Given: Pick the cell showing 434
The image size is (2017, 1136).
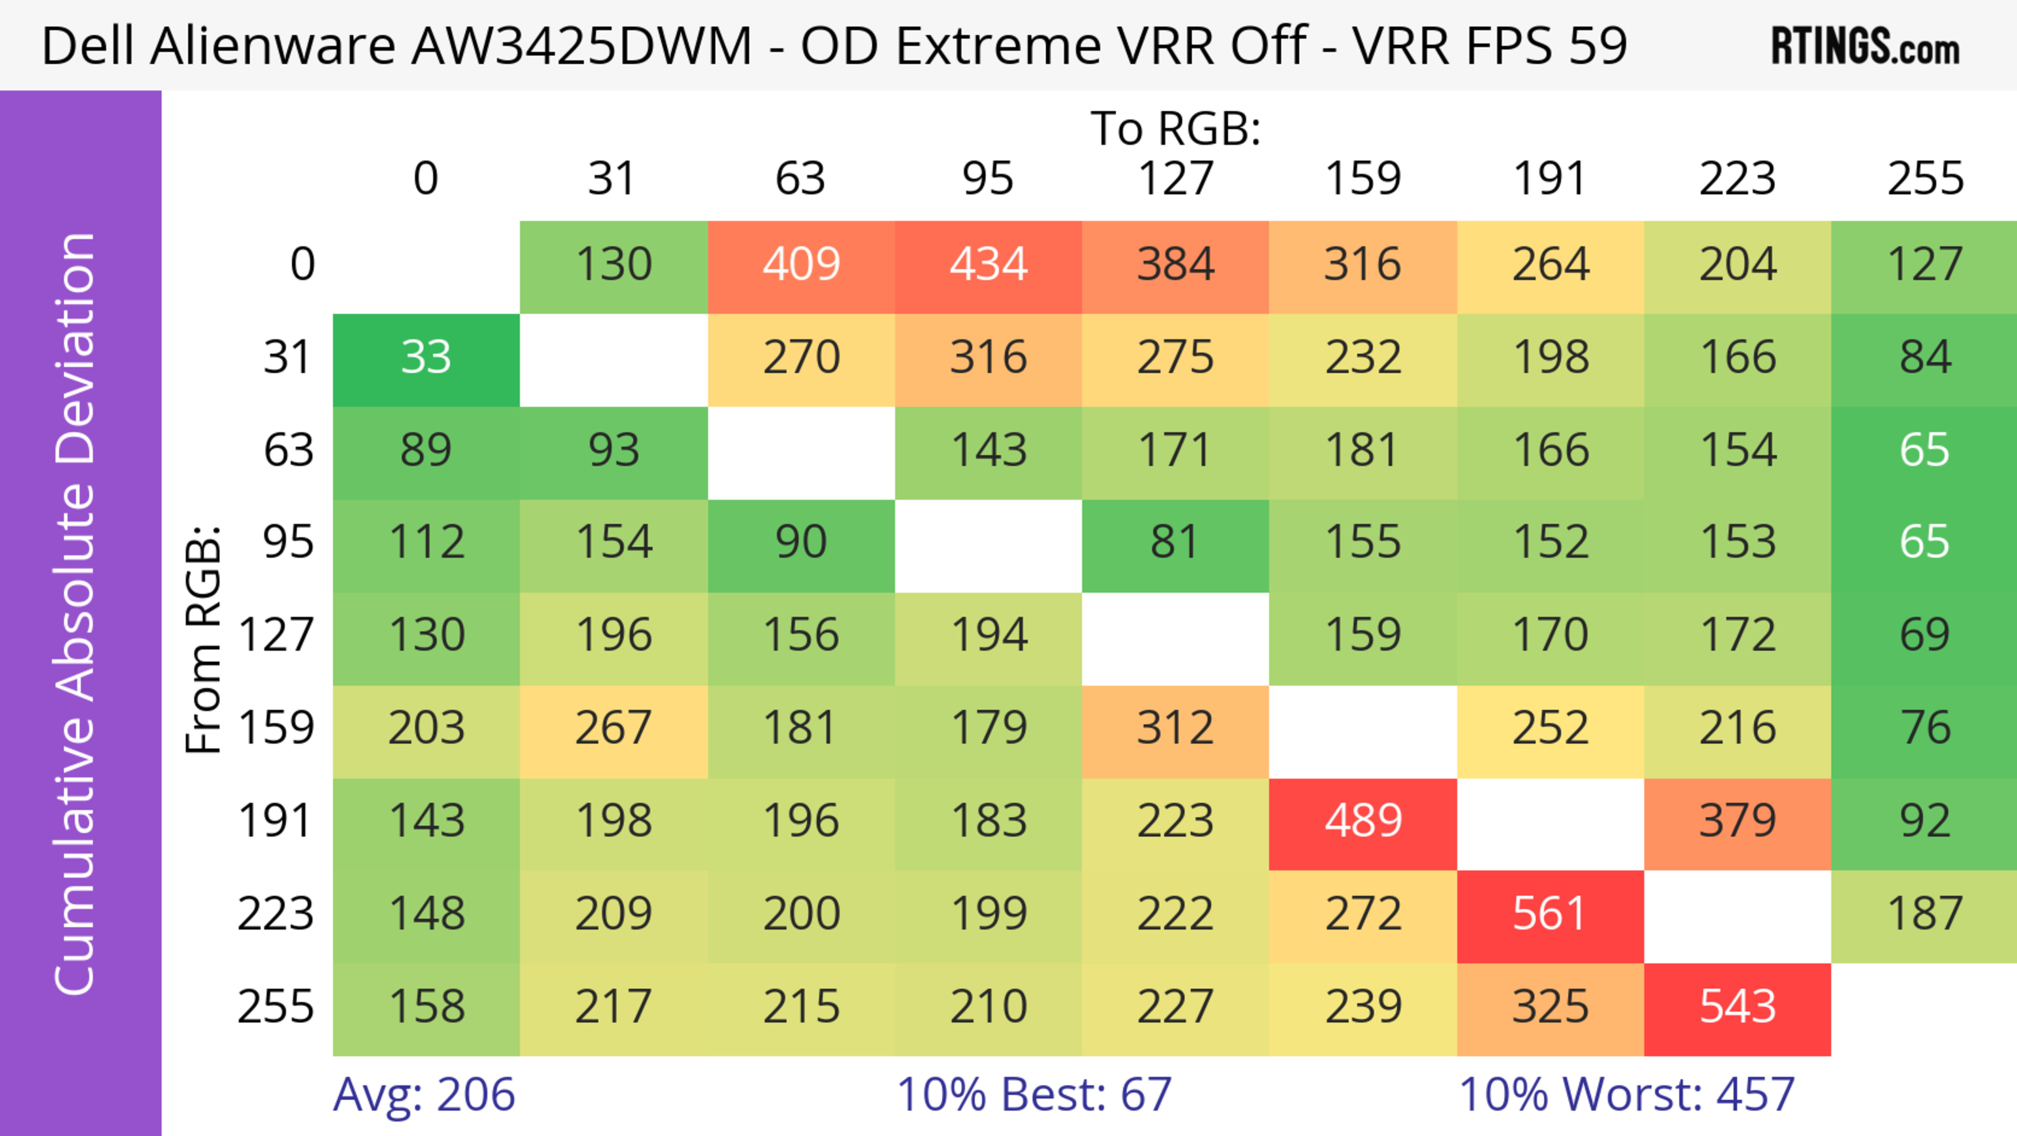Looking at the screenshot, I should (988, 265).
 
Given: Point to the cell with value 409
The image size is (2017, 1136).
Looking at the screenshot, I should (801, 265).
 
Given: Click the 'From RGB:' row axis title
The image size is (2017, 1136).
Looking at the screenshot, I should (204, 639).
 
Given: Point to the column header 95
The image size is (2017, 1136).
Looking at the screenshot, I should (988, 179).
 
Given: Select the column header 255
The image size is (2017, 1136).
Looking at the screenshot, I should (1925, 179).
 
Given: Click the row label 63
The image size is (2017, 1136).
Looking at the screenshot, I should (288, 451).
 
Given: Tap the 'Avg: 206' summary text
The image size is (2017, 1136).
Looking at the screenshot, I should (423, 1094).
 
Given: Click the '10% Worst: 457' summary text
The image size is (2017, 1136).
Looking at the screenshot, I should (1626, 1094).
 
